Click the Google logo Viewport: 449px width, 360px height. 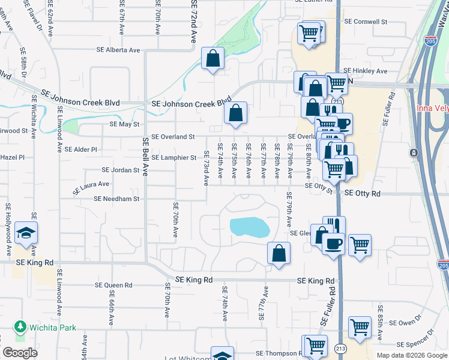click(x=20, y=353)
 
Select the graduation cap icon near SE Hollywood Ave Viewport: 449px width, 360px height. click(x=26, y=233)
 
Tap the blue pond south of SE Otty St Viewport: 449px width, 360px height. click(x=249, y=227)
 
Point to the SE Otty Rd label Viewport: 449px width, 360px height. click(x=364, y=194)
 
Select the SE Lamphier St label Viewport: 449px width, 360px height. click(x=174, y=158)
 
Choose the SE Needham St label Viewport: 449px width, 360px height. click(x=116, y=199)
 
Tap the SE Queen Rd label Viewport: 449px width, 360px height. click(x=114, y=286)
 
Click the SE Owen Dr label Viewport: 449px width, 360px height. click(x=402, y=323)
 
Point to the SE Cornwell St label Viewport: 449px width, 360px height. click(x=366, y=22)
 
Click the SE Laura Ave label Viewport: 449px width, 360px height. click(x=91, y=188)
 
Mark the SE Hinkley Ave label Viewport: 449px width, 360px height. click(x=366, y=71)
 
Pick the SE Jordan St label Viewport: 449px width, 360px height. click(x=121, y=170)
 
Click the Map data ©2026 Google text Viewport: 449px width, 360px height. click(x=411, y=355)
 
